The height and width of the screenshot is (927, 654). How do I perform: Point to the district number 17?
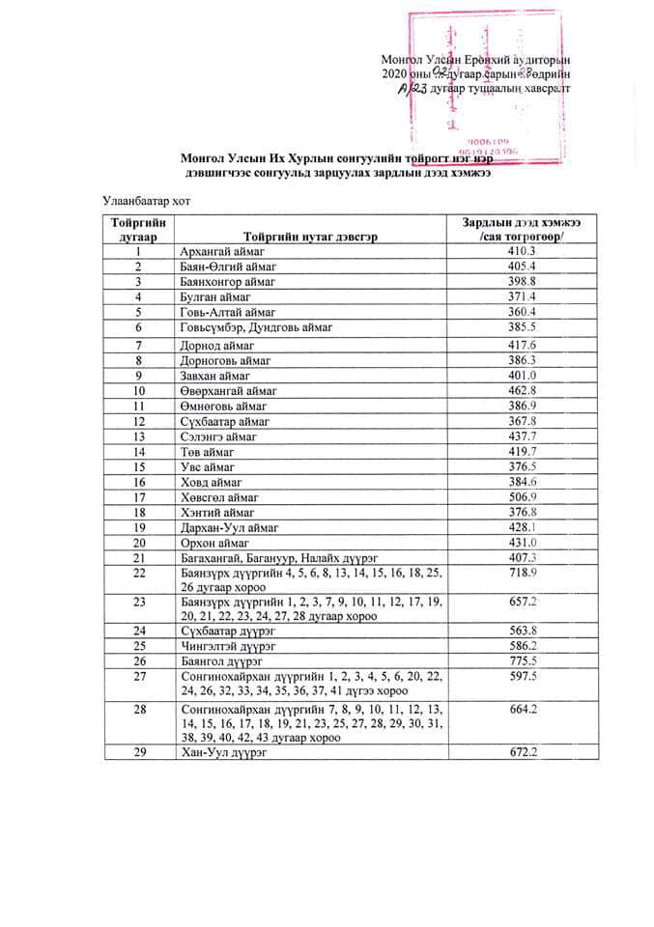(x=140, y=497)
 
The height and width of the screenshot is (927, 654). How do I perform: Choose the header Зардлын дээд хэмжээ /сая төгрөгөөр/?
(x=527, y=229)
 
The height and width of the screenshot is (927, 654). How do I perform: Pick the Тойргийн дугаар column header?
(x=140, y=229)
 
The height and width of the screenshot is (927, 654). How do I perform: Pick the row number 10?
(x=140, y=390)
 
